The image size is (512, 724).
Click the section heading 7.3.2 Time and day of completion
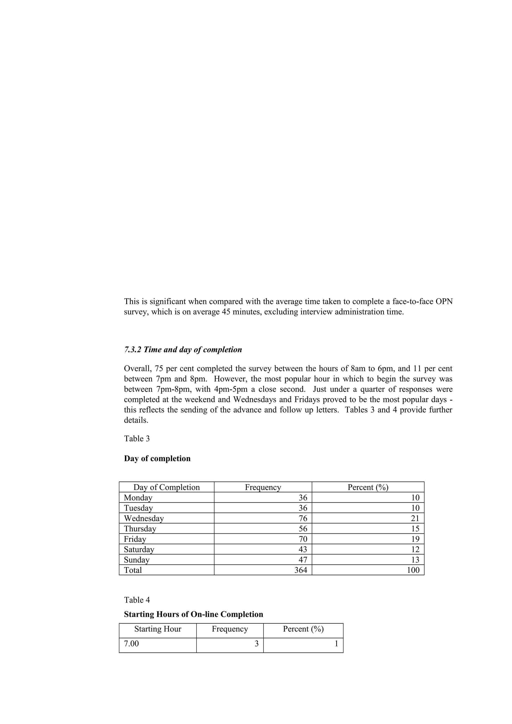[x=183, y=350]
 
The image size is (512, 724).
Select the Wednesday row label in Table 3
[x=143, y=518]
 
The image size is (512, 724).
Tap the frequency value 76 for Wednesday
[x=302, y=518]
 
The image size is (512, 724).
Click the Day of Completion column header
[x=166, y=487]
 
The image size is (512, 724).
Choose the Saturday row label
[x=139, y=549]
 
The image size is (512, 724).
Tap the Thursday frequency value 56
[x=302, y=529]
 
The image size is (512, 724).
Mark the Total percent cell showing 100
[x=413, y=570]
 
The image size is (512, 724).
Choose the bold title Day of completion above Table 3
[x=157, y=458]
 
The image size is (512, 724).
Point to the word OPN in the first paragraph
[x=444, y=302]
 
